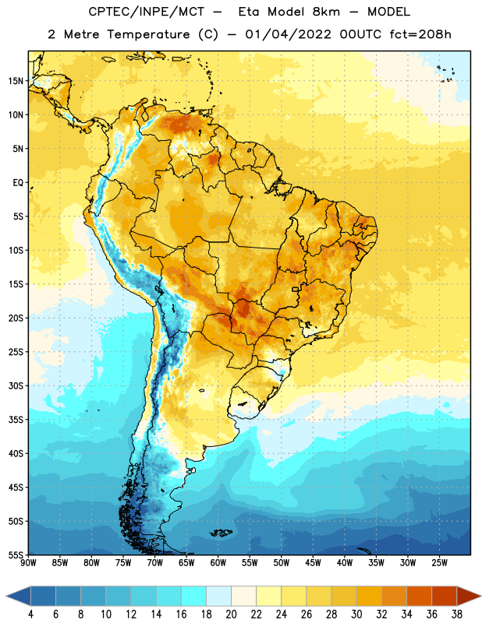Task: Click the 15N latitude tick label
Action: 16,81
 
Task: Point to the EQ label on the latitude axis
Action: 18,183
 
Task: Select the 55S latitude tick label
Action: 16,555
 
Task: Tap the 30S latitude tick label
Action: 16,385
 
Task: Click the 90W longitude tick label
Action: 28,563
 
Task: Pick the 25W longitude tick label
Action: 439,563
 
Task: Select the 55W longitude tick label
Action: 250,563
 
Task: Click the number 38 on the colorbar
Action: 457,614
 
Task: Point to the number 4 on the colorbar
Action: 30,614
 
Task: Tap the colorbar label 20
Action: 231,614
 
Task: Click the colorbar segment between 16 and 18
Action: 194,597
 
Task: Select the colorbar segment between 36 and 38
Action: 445,597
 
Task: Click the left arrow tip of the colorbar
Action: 6,597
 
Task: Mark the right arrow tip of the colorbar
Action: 481,597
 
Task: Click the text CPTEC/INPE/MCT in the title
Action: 147,12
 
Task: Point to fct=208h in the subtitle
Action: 420,34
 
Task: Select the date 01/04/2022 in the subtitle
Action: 288,34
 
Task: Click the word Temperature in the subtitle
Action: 148,34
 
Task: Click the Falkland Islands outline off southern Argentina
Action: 221,533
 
